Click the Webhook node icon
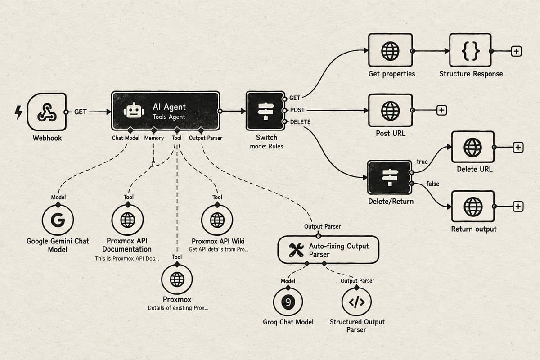pos(47,112)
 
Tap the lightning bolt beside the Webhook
pos(18,112)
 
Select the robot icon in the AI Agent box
pos(134,110)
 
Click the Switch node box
pos(265,111)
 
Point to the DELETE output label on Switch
pos(300,122)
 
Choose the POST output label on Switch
pos(297,110)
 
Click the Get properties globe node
pos(390,50)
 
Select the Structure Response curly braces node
pos(470,50)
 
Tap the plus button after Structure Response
pos(517,51)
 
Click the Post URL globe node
pos(390,110)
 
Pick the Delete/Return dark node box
pos(390,177)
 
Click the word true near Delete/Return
pos(422,162)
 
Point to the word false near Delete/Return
pos(433,184)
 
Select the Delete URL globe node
pos(473,147)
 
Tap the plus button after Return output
pos(518,207)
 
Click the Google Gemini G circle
pos(58,220)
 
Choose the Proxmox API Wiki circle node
pos(217,220)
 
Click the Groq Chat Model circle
pos(288,301)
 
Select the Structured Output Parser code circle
pos(356,301)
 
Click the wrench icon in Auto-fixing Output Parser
pos(296,250)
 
